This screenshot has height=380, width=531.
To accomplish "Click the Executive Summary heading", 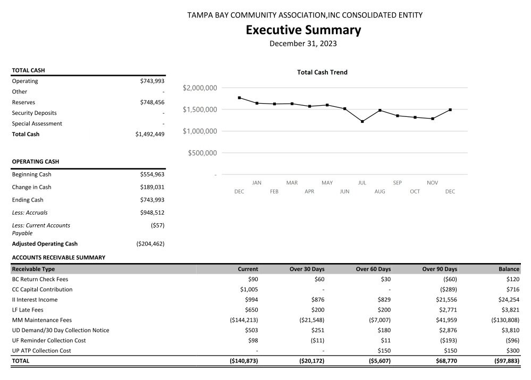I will tap(303, 30).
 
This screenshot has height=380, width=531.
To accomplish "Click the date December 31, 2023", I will tap(303, 44).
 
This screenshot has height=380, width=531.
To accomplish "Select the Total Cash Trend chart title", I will tap(322, 72).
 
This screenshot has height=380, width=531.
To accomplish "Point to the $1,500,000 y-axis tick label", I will tap(199, 109).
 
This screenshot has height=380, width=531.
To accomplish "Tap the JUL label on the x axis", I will tap(362, 183).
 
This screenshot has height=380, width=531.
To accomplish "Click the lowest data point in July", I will tap(362, 122).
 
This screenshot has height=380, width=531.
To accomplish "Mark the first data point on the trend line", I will tap(239, 98).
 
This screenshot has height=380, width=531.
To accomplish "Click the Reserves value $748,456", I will tap(152, 102).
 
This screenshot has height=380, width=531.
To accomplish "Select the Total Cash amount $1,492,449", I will tap(150, 134).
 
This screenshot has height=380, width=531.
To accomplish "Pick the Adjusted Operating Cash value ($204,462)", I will tap(150, 244).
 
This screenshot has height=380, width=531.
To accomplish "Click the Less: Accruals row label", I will tap(30, 213).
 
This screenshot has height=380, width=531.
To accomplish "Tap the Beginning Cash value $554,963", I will tap(152, 174).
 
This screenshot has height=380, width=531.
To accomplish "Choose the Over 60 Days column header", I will tap(373, 269).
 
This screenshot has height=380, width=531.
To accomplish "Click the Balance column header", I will tap(509, 269).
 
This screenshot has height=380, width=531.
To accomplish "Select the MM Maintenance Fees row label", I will tap(42, 320).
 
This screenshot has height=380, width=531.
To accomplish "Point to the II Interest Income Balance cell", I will tap(508, 300).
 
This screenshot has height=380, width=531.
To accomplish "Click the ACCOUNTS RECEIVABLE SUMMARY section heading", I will tap(58, 257).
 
